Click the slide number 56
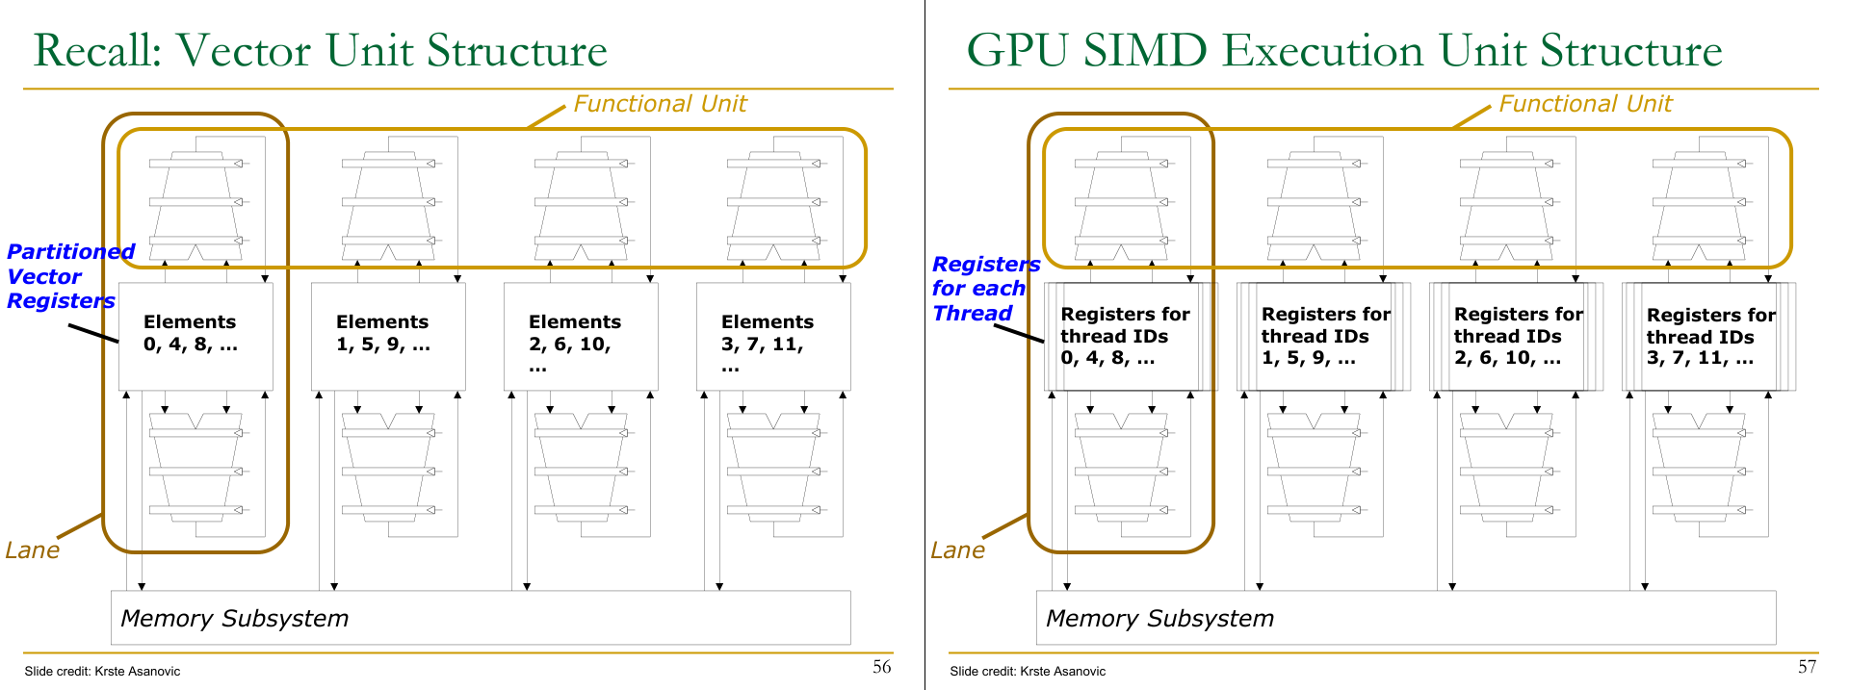point(881,667)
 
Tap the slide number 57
point(1807,667)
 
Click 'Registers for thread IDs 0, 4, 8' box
point(1125,336)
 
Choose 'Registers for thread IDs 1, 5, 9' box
point(1325,336)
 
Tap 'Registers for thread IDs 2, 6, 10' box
point(1518,336)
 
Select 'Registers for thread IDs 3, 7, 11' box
point(1710,336)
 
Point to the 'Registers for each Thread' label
point(983,289)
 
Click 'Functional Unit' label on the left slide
point(660,104)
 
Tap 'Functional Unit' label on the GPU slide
point(1585,104)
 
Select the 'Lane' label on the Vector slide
point(32,550)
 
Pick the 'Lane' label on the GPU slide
point(957,550)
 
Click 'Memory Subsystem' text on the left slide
point(234,619)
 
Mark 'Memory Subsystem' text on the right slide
point(1159,619)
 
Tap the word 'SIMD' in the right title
point(1145,51)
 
